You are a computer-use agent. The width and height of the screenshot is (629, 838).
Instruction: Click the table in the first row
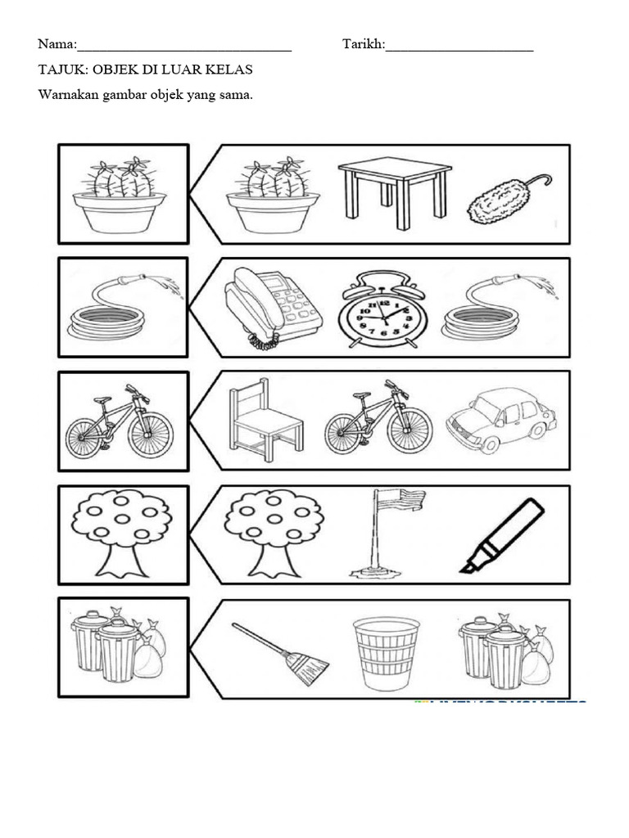click(x=394, y=192)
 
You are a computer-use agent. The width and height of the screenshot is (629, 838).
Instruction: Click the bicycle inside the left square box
click(x=120, y=422)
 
